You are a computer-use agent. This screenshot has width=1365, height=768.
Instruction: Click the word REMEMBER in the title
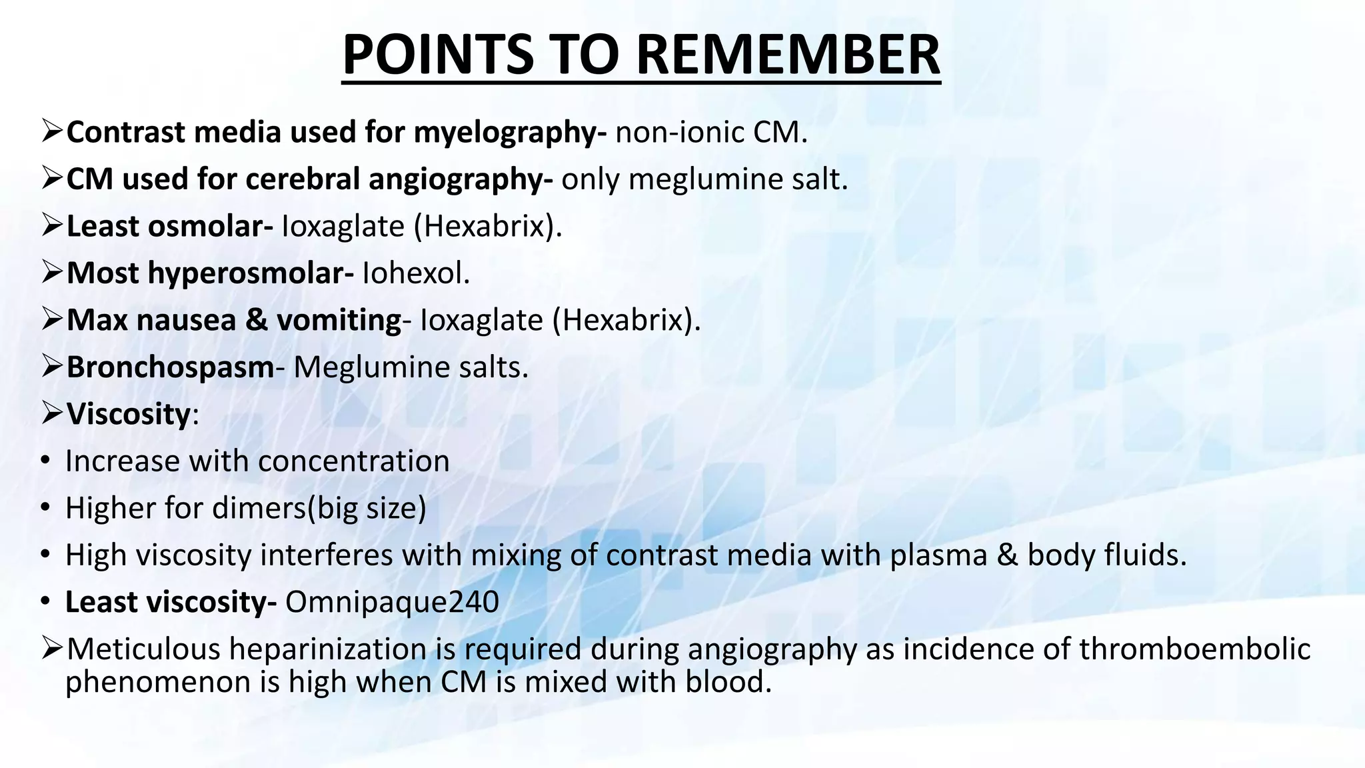(788, 55)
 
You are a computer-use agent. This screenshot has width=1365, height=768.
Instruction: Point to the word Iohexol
(416, 273)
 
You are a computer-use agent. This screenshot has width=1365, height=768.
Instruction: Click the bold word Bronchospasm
(170, 367)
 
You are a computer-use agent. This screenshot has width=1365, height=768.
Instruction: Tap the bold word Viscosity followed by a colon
(129, 414)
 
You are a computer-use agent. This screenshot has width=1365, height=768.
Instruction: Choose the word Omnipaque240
(392, 602)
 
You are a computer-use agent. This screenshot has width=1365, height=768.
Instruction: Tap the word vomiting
(339, 321)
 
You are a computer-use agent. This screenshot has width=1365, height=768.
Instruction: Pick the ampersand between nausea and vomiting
(256, 321)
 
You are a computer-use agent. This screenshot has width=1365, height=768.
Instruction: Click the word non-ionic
(680, 133)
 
